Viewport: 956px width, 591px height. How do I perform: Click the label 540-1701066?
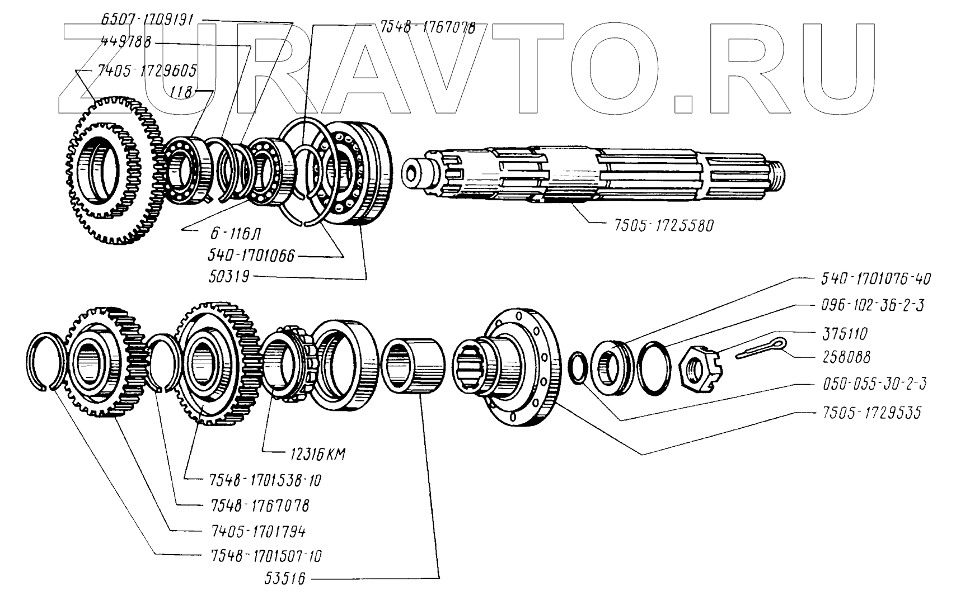251,258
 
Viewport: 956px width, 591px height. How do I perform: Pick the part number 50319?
229,277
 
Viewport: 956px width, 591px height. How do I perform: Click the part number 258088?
842,357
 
